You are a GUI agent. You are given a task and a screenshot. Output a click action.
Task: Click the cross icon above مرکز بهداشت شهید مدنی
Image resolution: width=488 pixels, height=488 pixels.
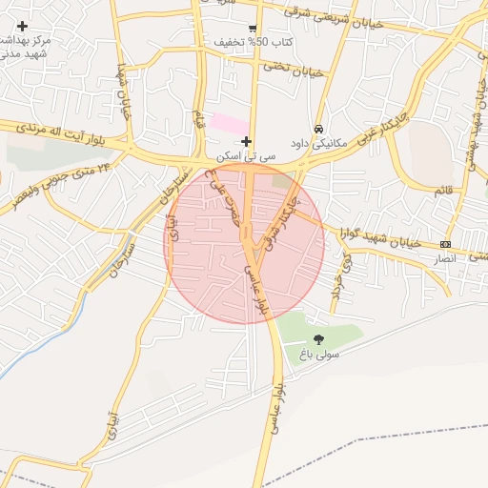pyautogui.click(x=23, y=26)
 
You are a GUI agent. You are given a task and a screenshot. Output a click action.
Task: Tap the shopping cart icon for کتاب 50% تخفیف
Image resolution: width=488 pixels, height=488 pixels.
pyautogui.click(x=253, y=29)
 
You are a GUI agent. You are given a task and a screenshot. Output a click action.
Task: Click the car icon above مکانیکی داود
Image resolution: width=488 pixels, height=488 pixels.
pyautogui.click(x=318, y=130)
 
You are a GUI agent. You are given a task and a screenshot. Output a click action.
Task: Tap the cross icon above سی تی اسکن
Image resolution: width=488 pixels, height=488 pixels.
pyautogui.click(x=246, y=141)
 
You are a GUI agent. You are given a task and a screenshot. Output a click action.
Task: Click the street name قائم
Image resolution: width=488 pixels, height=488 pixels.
pyautogui.click(x=445, y=191)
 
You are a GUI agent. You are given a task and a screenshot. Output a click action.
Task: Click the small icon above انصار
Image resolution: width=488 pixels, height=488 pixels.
pyautogui.click(x=446, y=245)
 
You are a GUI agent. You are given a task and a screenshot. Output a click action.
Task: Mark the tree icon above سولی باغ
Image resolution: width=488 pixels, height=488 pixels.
pyautogui.click(x=318, y=338)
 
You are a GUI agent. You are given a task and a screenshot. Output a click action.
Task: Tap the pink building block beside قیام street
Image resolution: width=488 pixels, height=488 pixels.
pyautogui.click(x=228, y=123)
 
